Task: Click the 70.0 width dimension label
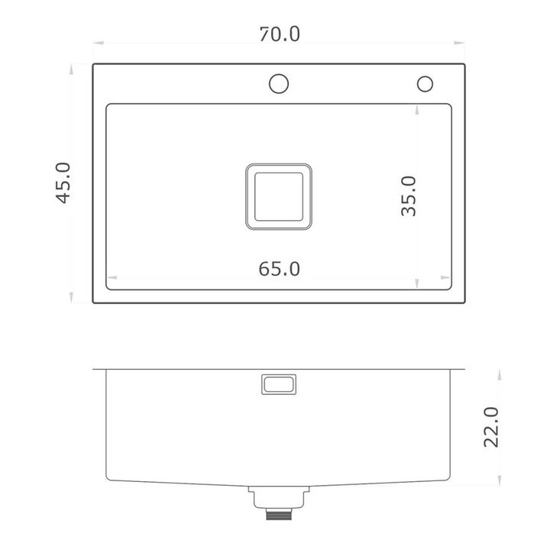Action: pyautogui.click(x=280, y=34)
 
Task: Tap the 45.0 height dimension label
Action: pyautogui.click(x=64, y=183)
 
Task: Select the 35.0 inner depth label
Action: pyautogui.click(x=409, y=196)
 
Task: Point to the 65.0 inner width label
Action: pyautogui.click(x=280, y=269)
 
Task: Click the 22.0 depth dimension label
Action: pyautogui.click(x=491, y=427)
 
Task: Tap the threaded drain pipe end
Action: pyautogui.click(x=279, y=514)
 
